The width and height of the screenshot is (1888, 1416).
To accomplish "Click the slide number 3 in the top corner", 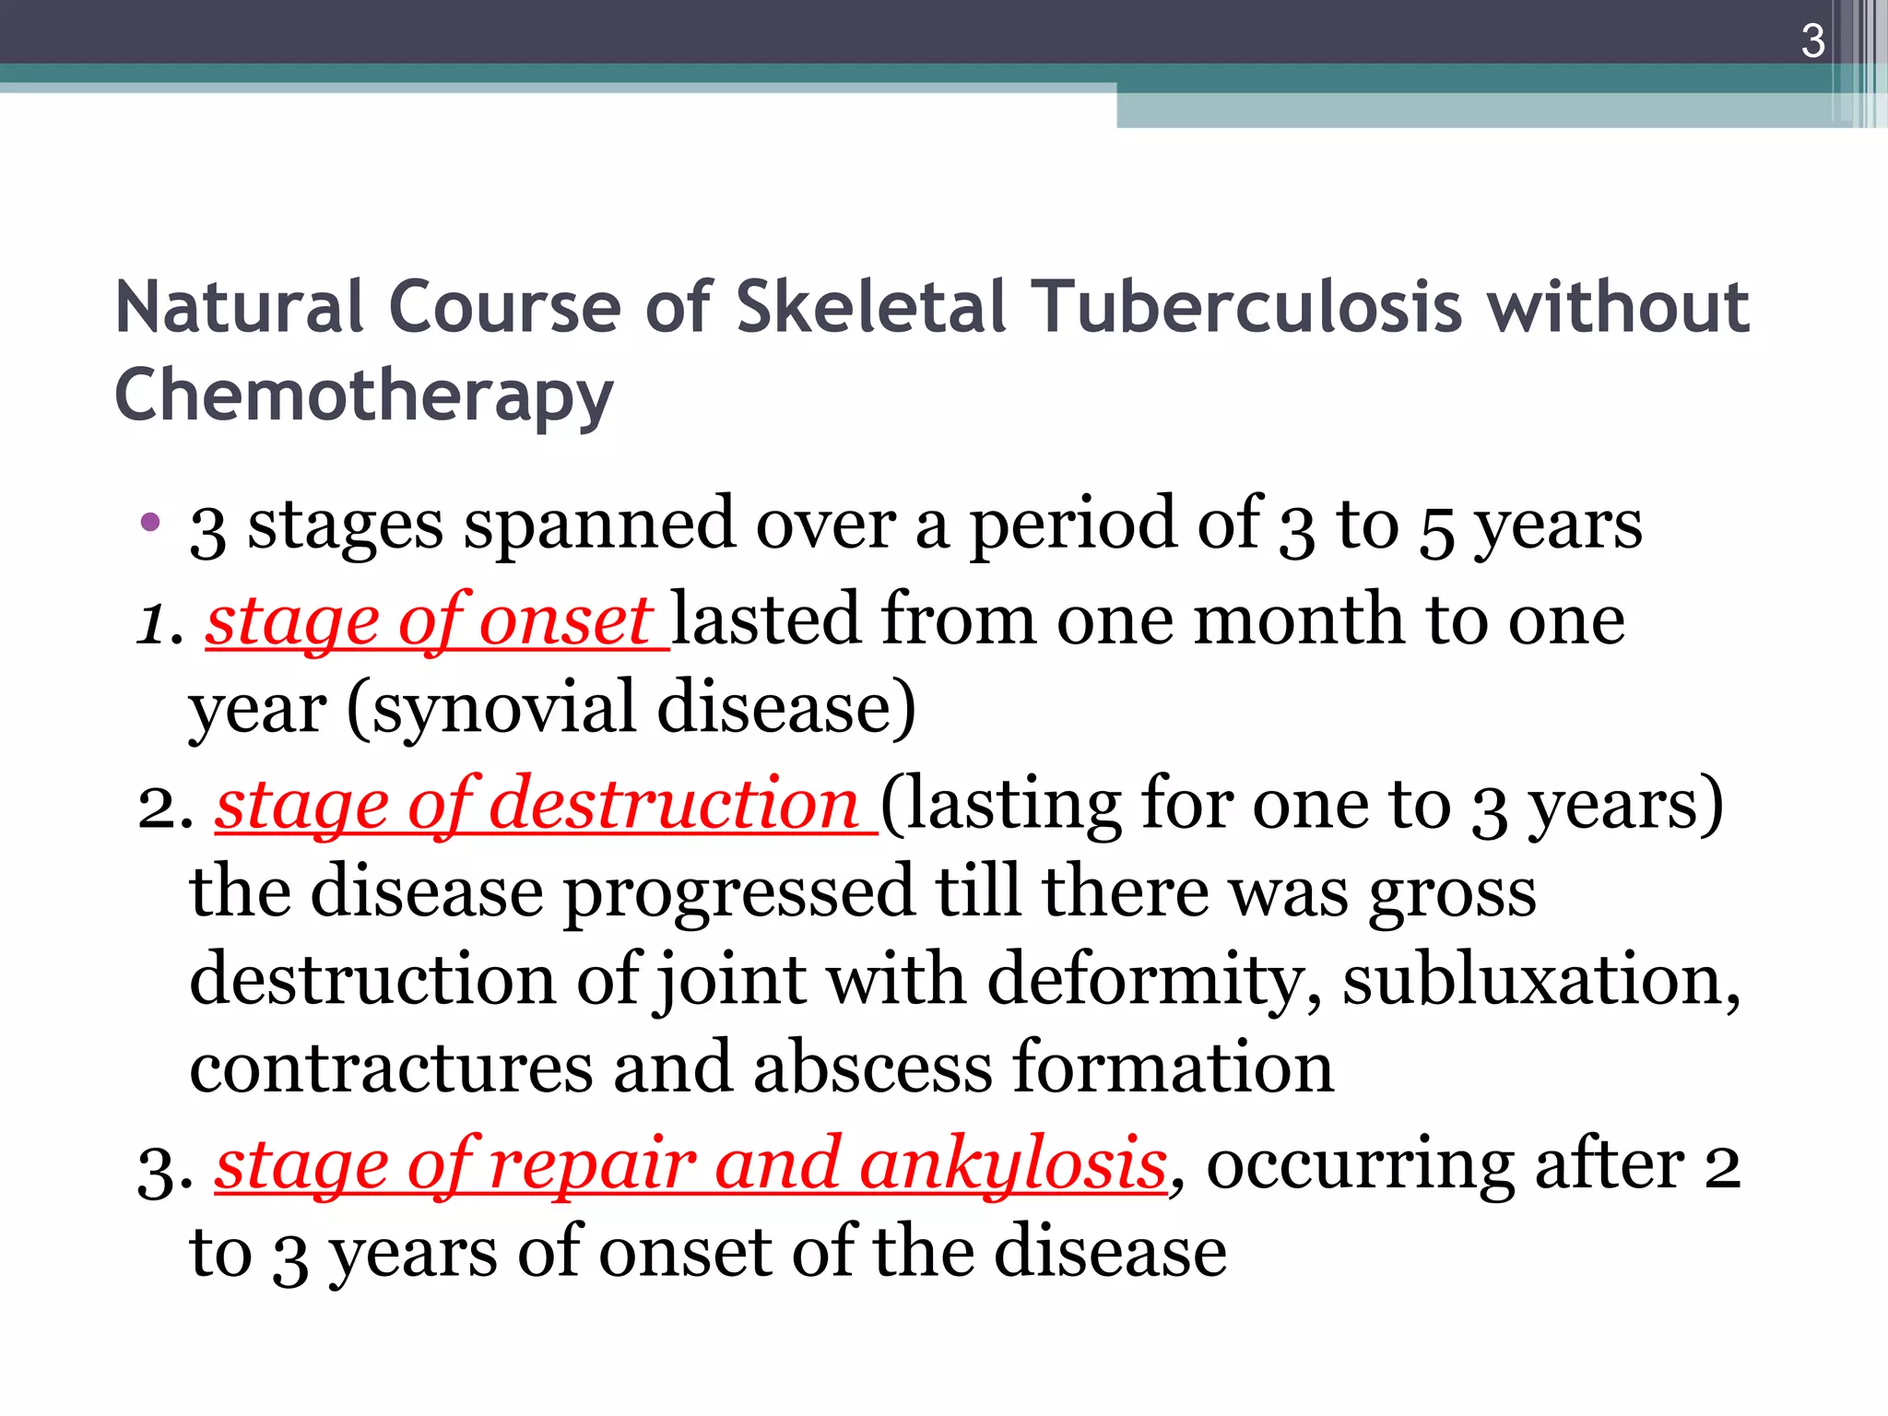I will [x=1812, y=41].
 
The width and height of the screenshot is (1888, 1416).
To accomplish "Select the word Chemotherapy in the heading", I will [x=364, y=395].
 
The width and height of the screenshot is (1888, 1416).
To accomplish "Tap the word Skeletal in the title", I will [x=870, y=307].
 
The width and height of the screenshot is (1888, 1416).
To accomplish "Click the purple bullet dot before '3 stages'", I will [x=150, y=523].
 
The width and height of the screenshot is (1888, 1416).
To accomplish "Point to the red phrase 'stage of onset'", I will [x=430, y=621].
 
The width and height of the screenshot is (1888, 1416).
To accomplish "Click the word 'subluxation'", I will [x=1540, y=978].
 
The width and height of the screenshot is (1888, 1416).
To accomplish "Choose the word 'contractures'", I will [x=392, y=1067].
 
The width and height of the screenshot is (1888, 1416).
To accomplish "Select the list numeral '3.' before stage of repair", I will [x=165, y=1169].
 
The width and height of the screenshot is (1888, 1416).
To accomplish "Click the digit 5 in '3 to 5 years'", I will [x=1436, y=529].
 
